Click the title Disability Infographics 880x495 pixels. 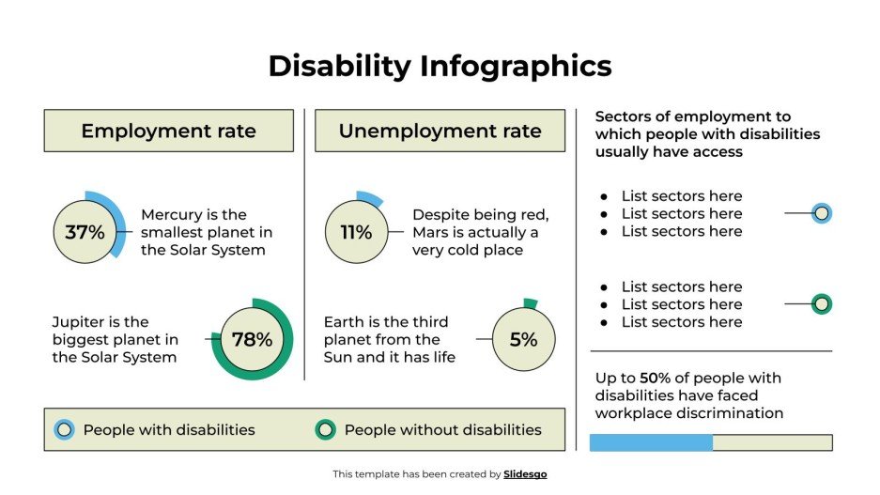440,66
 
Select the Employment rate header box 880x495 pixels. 168,131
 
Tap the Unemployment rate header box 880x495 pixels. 440,131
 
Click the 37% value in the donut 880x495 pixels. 85,232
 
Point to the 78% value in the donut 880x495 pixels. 252,340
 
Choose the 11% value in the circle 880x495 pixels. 356,232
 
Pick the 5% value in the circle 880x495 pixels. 523,340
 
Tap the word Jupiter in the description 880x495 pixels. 80,322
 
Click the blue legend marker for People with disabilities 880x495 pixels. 64,430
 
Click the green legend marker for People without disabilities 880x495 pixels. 325,430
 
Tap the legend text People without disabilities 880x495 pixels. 442,430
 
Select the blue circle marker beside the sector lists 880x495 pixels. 822,214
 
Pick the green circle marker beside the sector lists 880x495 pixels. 822,304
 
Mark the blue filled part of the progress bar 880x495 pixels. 651,442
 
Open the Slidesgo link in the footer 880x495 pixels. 525,474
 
